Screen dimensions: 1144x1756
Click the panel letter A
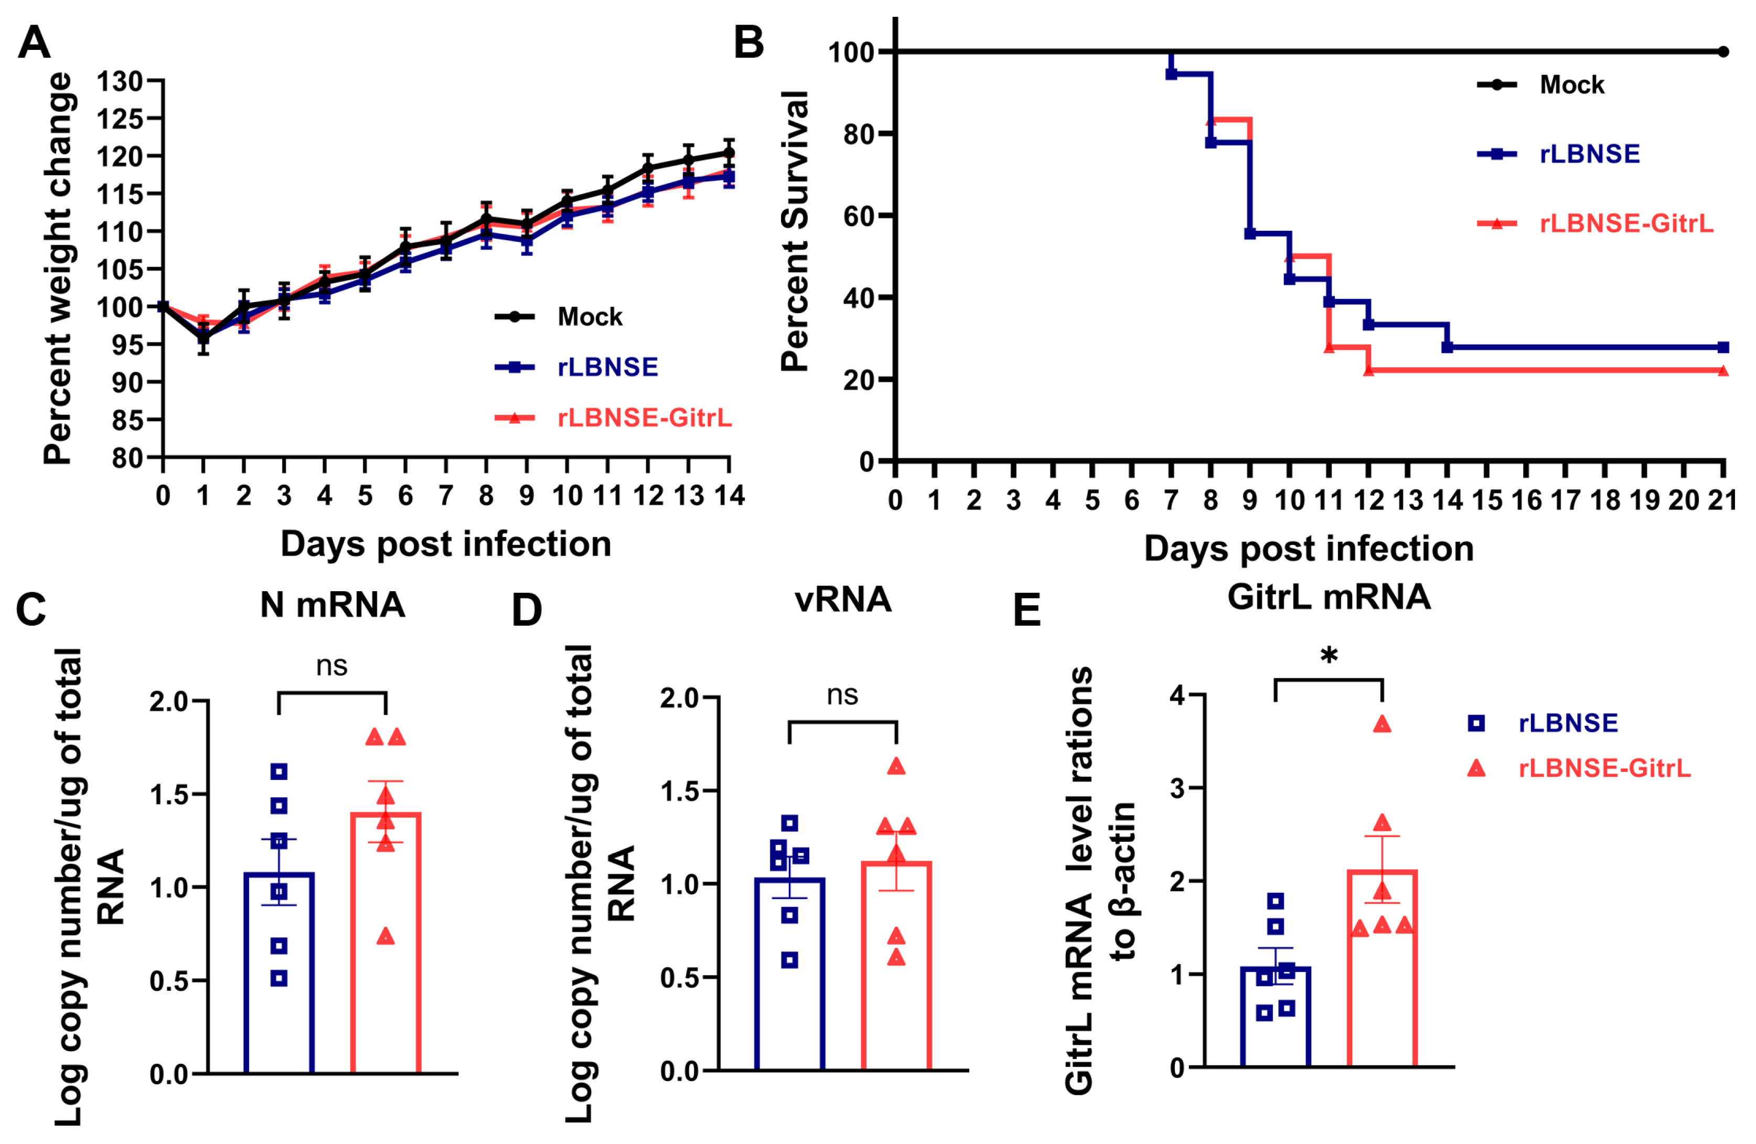click(34, 43)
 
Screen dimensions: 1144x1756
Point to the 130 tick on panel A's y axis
click(120, 81)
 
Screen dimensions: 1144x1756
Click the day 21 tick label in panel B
click(1722, 501)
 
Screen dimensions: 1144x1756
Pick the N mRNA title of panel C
click(332, 605)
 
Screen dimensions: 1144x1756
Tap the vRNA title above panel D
click(842, 600)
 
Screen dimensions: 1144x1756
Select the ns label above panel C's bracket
click(331, 667)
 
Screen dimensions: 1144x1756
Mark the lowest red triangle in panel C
click(385, 937)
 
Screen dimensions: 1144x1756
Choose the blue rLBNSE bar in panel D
click(789, 981)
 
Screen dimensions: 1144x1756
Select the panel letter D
click(526, 611)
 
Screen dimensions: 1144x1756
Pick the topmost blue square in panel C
click(279, 772)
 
